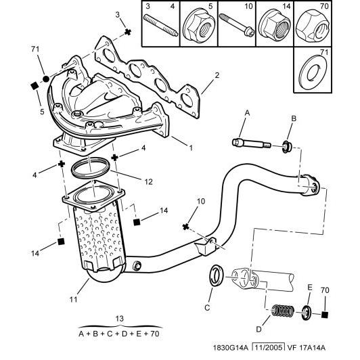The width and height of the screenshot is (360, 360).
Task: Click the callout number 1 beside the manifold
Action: pyautogui.click(x=191, y=147)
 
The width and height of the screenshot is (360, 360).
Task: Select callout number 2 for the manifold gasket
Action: pyautogui.click(x=217, y=75)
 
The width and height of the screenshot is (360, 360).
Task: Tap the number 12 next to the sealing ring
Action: pyautogui.click(x=148, y=181)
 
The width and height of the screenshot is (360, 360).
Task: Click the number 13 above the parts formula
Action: pyautogui.click(x=120, y=319)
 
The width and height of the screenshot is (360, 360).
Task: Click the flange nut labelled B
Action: pyautogui.click(x=286, y=145)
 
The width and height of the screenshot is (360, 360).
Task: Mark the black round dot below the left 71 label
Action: pyautogui.click(x=46, y=79)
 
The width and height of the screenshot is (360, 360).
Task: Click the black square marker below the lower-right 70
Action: pyautogui.click(x=325, y=315)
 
